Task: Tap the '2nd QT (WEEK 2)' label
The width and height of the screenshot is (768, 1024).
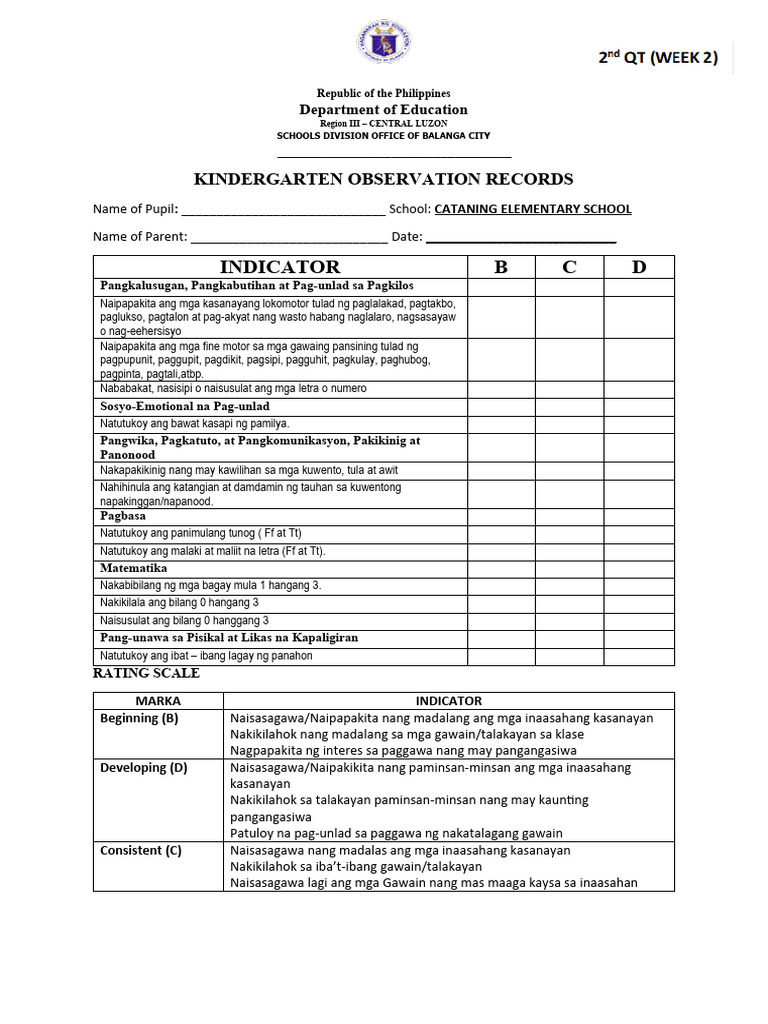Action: click(x=658, y=57)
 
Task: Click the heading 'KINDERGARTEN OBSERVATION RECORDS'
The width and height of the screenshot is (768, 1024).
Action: click(x=383, y=179)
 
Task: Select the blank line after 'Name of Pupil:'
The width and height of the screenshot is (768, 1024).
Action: click(x=283, y=211)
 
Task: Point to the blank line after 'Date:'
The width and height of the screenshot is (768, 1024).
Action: click(x=521, y=238)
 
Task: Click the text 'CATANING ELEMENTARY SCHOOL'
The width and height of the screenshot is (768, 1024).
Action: click(x=533, y=209)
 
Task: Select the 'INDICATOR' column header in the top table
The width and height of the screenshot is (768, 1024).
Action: click(x=280, y=267)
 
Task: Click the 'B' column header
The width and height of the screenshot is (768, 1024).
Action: click(x=501, y=267)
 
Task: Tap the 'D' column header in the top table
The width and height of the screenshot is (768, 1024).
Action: click(x=639, y=267)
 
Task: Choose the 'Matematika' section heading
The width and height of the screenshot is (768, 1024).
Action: click(x=133, y=568)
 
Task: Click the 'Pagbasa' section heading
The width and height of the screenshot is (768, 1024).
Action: click(x=123, y=516)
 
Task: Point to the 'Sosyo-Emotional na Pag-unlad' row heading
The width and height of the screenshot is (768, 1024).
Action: click(x=185, y=407)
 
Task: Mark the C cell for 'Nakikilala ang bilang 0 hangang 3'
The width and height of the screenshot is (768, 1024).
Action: click(x=569, y=603)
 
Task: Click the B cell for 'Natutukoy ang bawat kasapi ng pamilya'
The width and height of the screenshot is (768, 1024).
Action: click(x=501, y=424)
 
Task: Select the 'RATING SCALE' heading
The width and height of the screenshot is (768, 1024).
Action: click(x=146, y=673)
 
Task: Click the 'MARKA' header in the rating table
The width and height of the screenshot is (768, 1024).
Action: click(x=158, y=701)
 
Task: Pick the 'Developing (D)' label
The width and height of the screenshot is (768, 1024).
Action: click(x=144, y=768)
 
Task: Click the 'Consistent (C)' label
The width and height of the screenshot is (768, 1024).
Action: click(x=141, y=850)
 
